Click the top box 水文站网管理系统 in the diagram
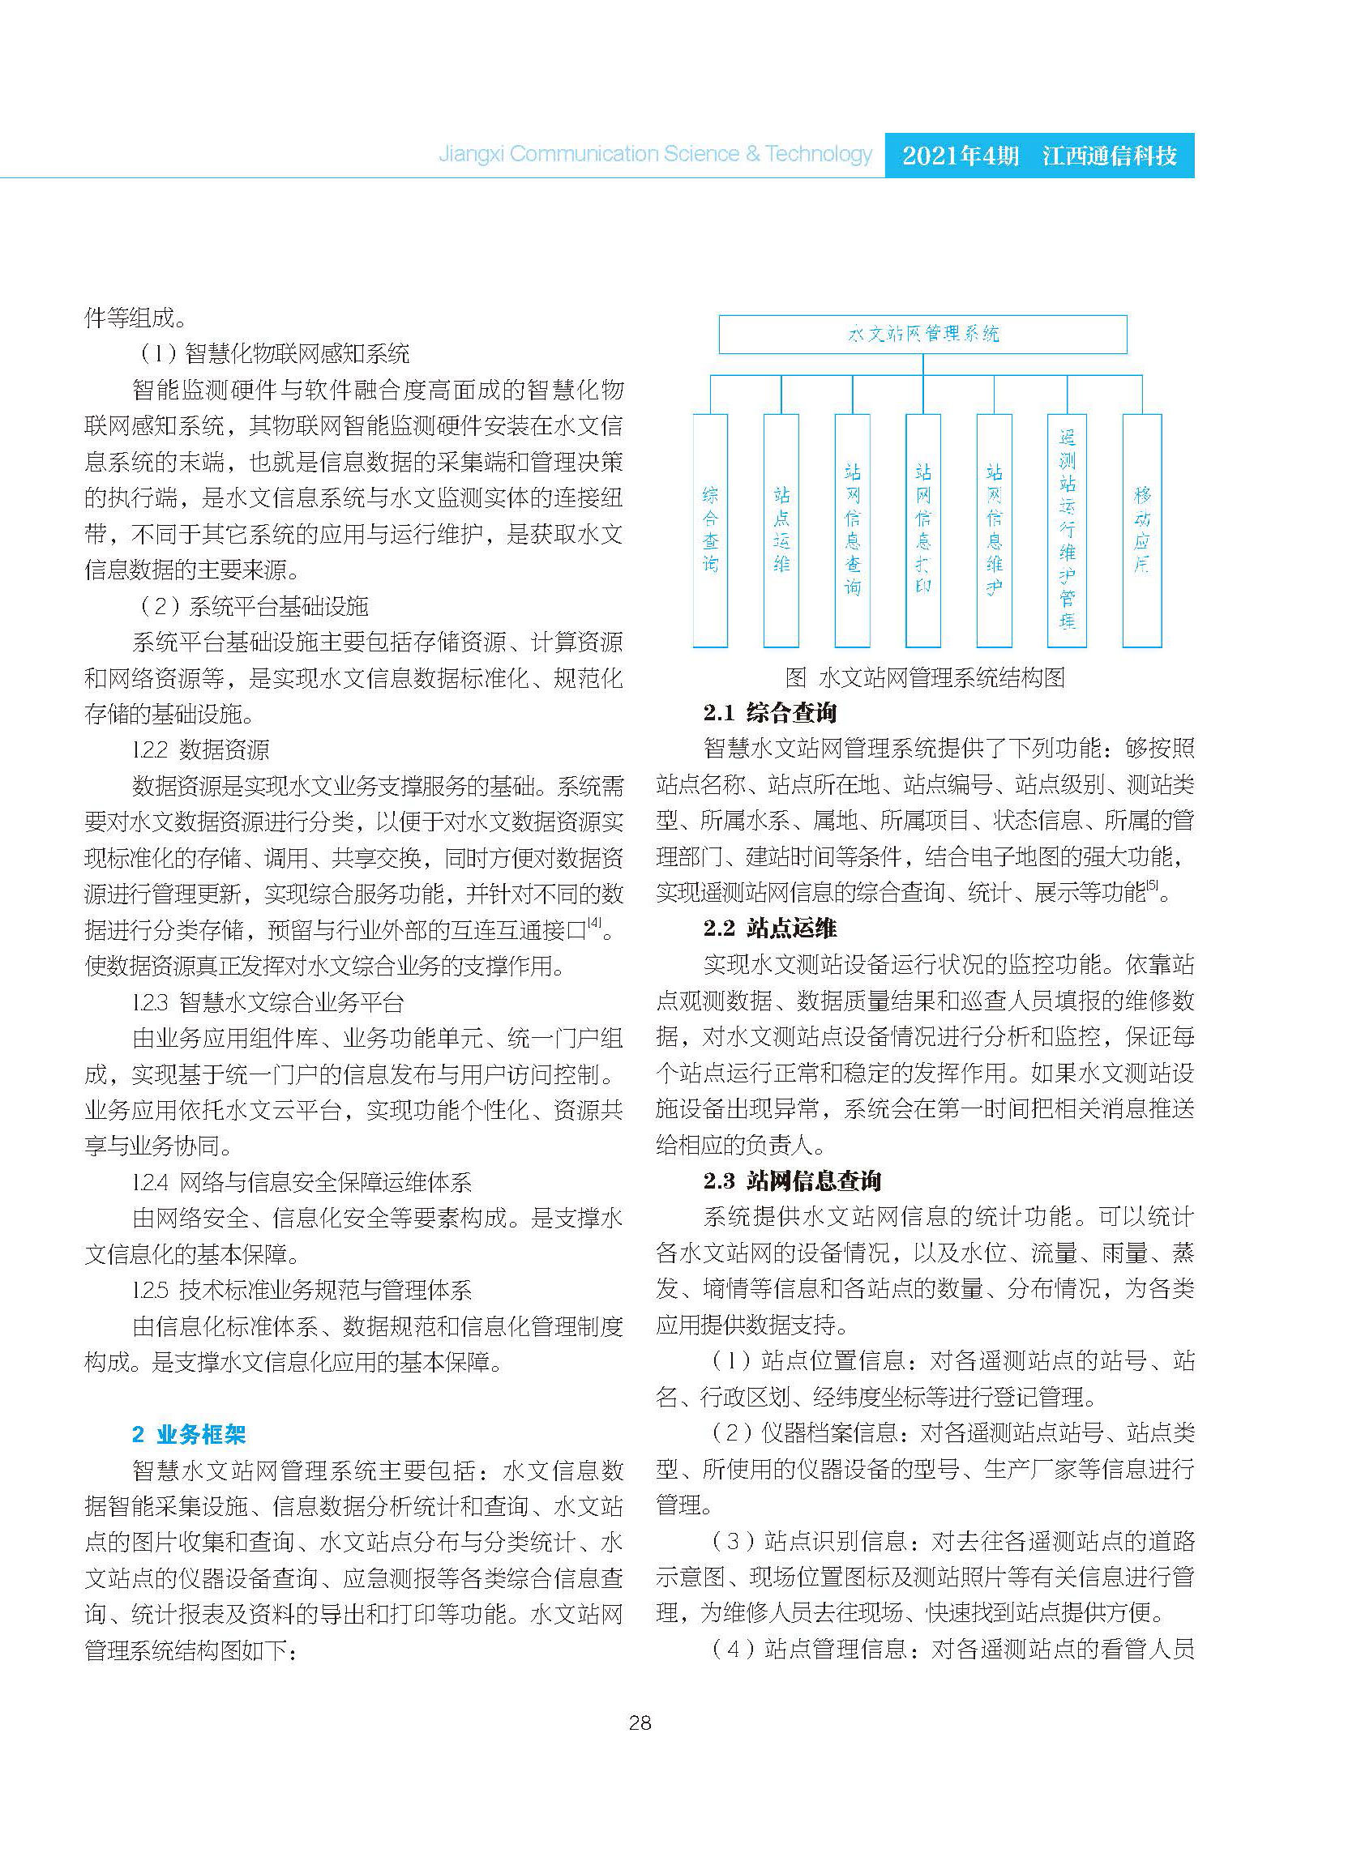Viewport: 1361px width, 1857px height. click(922, 335)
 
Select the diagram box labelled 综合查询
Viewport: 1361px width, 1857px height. click(709, 530)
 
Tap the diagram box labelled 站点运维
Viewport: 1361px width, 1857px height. click(780, 530)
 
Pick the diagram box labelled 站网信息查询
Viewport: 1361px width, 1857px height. click(852, 530)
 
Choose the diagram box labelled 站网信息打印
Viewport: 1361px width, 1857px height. click(922, 530)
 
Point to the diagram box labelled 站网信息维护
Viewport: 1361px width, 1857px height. click(994, 530)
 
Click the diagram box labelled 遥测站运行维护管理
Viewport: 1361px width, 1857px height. click(1066, 530)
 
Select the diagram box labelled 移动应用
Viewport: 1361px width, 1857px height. click(1141, 530)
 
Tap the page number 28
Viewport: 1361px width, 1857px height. click(640, 1722)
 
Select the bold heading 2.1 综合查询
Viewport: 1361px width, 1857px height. click(769, 713)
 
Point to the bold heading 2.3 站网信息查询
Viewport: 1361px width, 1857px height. click(792, 1181)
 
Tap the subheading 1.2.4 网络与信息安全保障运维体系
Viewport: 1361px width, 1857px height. click(302, 1183)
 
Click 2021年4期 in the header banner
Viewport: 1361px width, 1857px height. click(961, 156)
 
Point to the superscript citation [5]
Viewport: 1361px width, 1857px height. click(1152, 886)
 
